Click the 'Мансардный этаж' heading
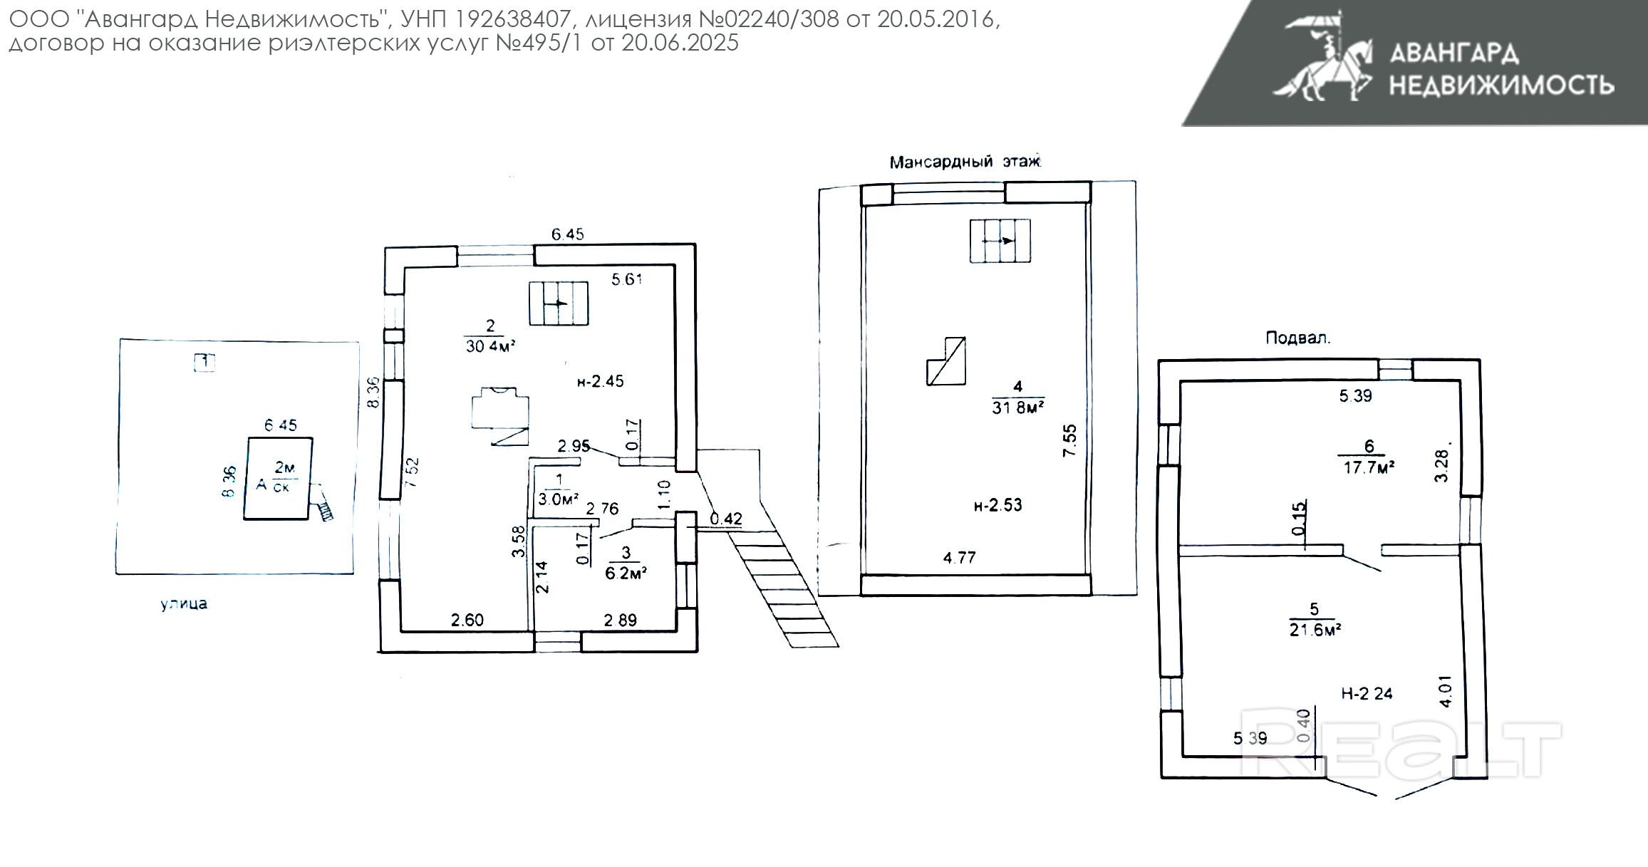click(965, 162)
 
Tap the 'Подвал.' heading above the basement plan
click(1297, 338)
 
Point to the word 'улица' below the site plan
click(184, 604)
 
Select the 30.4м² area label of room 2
click(490, 346)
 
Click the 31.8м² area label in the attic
click(1017, 407)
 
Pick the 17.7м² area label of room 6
click(1369, 467)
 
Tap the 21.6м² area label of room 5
click(1315, 630)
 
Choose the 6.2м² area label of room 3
click(626, 573)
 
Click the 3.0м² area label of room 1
click(558, 499)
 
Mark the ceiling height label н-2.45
click(600, 381)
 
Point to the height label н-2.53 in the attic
click(997, 505)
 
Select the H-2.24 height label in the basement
click(1367, 693)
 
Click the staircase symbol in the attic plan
click(1000, 241)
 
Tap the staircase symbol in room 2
click(559, 303)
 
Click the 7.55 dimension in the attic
click(1069, 440)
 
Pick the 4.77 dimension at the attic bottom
click(959, 558)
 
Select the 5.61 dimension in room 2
click(626, 279)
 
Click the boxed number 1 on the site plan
click(204, 362)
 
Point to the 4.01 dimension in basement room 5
click(1445, 690)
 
